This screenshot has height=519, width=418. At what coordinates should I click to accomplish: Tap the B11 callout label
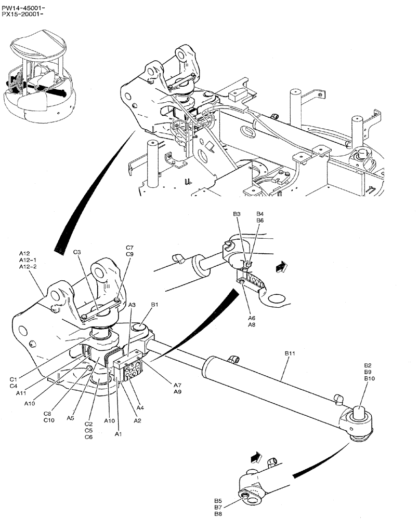pyautogui.click(x=290, y=353)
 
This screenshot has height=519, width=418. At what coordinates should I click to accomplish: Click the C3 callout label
pyautogui.click(x=77, y=252)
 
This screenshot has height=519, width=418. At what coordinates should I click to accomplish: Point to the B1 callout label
pyautogui.click(x=155, y=304)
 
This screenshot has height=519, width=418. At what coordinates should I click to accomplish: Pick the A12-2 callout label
pyautogui.click(x=29, y=266)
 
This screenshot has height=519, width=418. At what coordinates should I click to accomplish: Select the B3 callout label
pyautogui.click(x=237, y=214)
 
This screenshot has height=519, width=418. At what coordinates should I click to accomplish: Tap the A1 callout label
pyautogui.click(x=118, y=433)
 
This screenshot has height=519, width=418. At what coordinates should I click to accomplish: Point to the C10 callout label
pyautogui.click(x=49, y=420)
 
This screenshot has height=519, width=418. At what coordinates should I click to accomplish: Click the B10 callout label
pyautogui.click(x=369, y=379)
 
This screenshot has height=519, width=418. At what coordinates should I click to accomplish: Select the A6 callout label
pyautogui.click(x=251, y=318)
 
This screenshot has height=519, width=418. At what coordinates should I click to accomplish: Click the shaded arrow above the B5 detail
pyautogui.click(x=255, y=457)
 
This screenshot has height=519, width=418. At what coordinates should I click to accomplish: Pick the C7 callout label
pyautogui.click(x=129, y=248)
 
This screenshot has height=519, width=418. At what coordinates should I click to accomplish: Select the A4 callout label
pyautogui.click(x=140, y=407)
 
